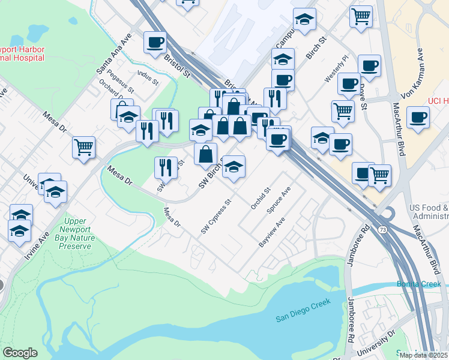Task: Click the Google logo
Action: (x=20, y=353)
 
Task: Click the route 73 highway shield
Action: (x=382, y=229)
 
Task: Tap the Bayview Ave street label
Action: (x=271, y=236)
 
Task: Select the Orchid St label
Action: (x=259, y=198)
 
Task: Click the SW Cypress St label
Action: (x=215, y=218)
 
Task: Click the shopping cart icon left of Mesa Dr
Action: (x=84, y=147)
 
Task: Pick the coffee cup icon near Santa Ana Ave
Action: (x=155, y=42)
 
